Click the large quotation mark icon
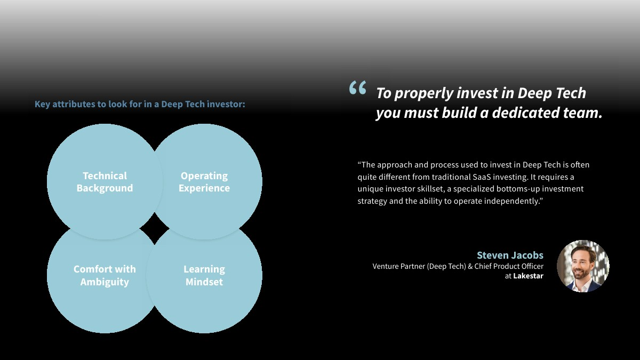click(357, 87)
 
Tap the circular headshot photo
click(583, 266)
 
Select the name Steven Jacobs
click(510, 255)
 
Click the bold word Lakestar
click(528, 276)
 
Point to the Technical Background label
click(105, 182)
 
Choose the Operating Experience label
click(204, 182)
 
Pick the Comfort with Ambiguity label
click(105, 275)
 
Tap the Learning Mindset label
click(204, 275)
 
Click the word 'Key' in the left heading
click(42, 105)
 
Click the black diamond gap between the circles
click(154, 229)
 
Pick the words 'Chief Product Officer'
click(509, 266)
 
